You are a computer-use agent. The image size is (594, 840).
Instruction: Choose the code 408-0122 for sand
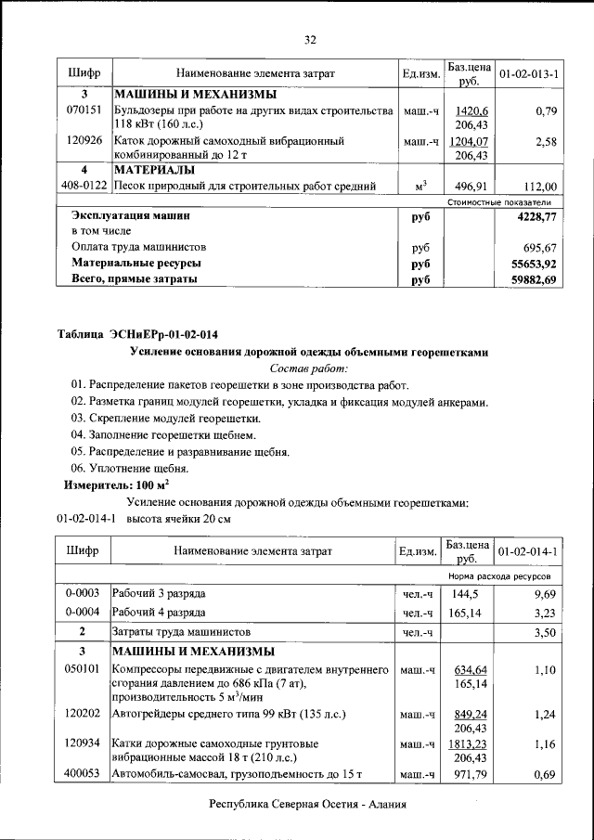click(x=84, y=186)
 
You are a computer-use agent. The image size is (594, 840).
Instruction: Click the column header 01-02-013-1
click(x=528, y=72)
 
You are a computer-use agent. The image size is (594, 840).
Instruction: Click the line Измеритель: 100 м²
click(x=116, y=485)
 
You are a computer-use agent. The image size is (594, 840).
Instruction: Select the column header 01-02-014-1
click(x=528, y=551)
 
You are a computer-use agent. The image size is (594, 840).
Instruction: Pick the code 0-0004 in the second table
click(x=84, y=613)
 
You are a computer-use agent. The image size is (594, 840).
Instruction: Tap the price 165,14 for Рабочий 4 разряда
click(x=468, y=614)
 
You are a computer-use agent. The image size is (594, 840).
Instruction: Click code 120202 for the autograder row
click(x=84, y=716)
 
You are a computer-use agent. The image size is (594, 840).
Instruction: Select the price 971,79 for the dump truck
click(x=468, y=774)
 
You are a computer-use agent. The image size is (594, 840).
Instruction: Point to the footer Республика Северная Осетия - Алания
click(x=307, y=806)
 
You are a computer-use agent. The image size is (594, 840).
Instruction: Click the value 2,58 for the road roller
click(x=547, y=142)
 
